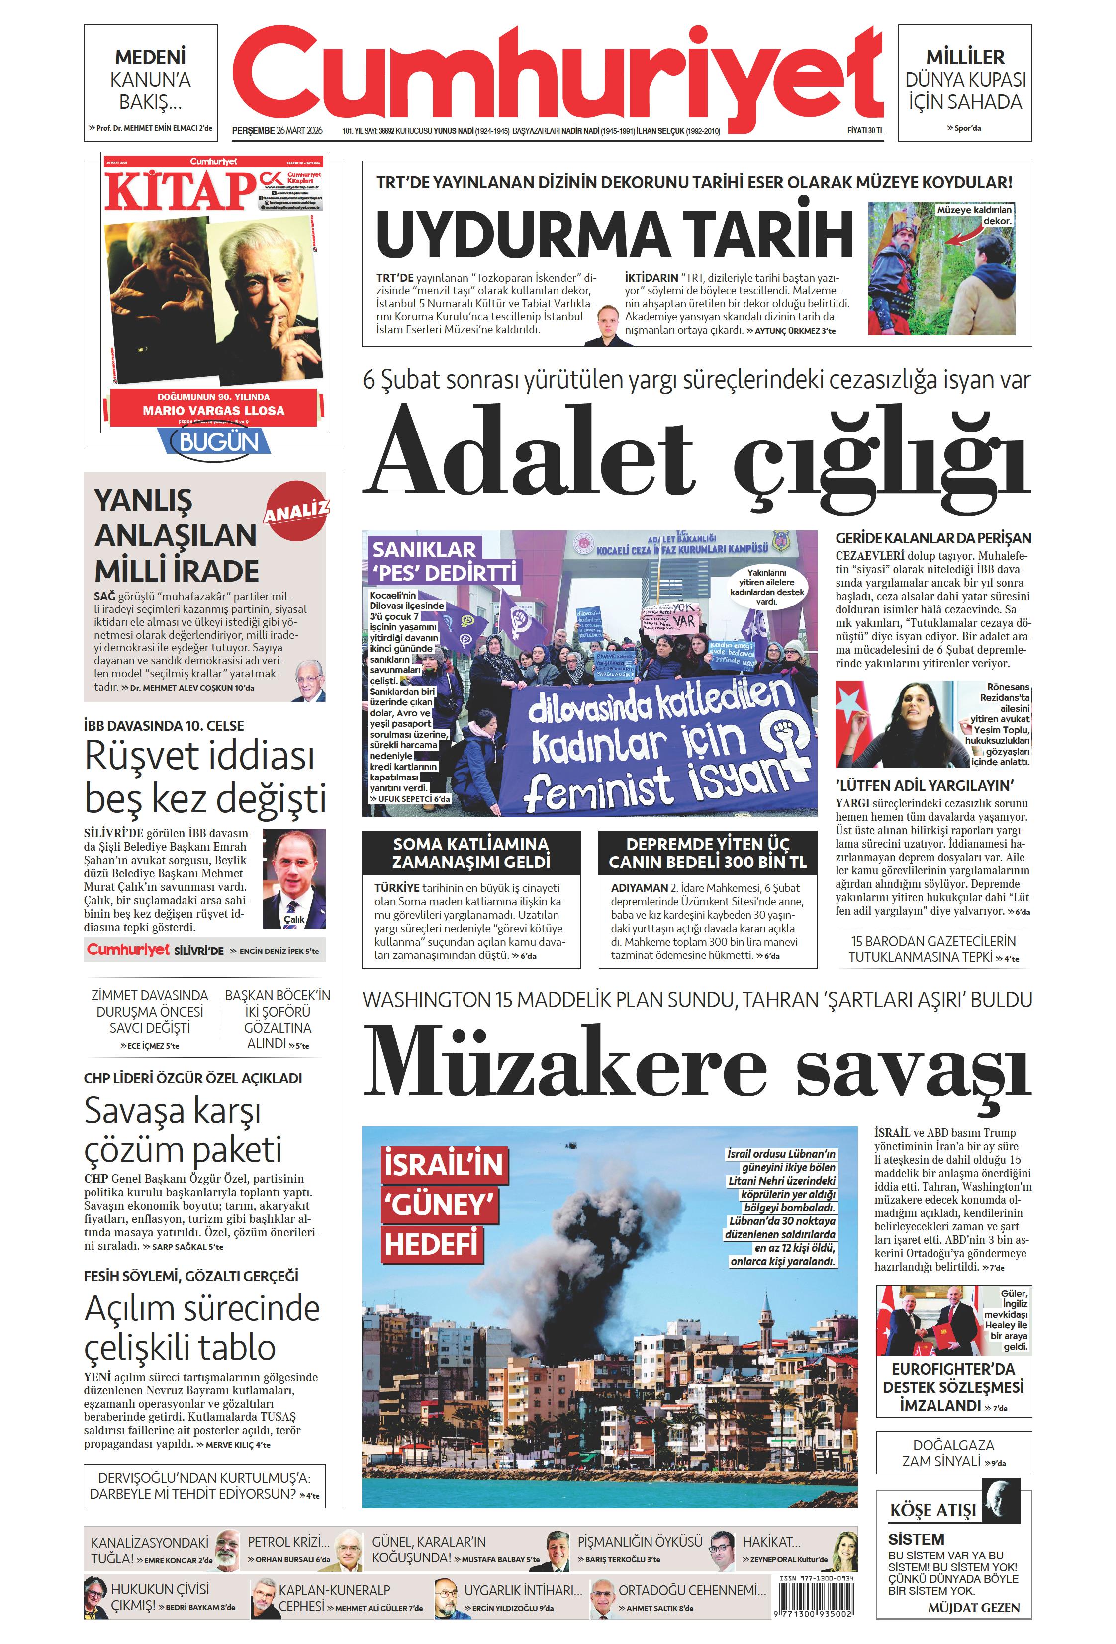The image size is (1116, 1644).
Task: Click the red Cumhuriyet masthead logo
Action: coord(558,74)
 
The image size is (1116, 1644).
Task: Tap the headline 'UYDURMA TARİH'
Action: coord(614,234)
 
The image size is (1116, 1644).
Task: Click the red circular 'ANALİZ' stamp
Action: coord(296,510)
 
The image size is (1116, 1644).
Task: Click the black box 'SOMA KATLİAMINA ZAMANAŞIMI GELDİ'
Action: coord(470,853)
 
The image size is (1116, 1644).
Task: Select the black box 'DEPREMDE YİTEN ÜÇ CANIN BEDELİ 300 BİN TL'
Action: coord(707,853)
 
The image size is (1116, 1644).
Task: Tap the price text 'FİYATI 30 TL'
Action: coord(865,130)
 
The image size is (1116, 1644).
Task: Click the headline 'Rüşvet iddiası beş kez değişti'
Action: coord(205,776)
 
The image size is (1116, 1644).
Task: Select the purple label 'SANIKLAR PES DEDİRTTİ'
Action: coord(442,560)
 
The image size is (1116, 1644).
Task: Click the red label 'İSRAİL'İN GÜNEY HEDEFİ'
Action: coord(444,1203)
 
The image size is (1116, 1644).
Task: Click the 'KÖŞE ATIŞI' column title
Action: coord(932,1510)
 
